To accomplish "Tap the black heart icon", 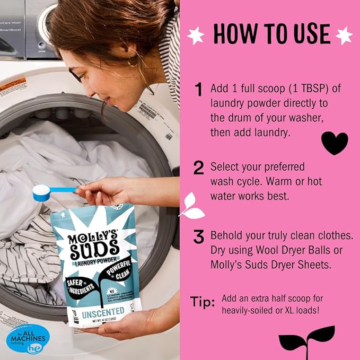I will tap(335, 143).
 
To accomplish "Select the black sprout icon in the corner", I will tap(307, 339).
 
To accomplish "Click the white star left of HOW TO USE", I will tap(196, 35).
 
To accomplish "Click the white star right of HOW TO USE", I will tap(344, 35).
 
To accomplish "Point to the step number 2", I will tap(199, 168).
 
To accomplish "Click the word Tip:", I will tap(203, 302).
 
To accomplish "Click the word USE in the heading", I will tap(307, 34).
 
